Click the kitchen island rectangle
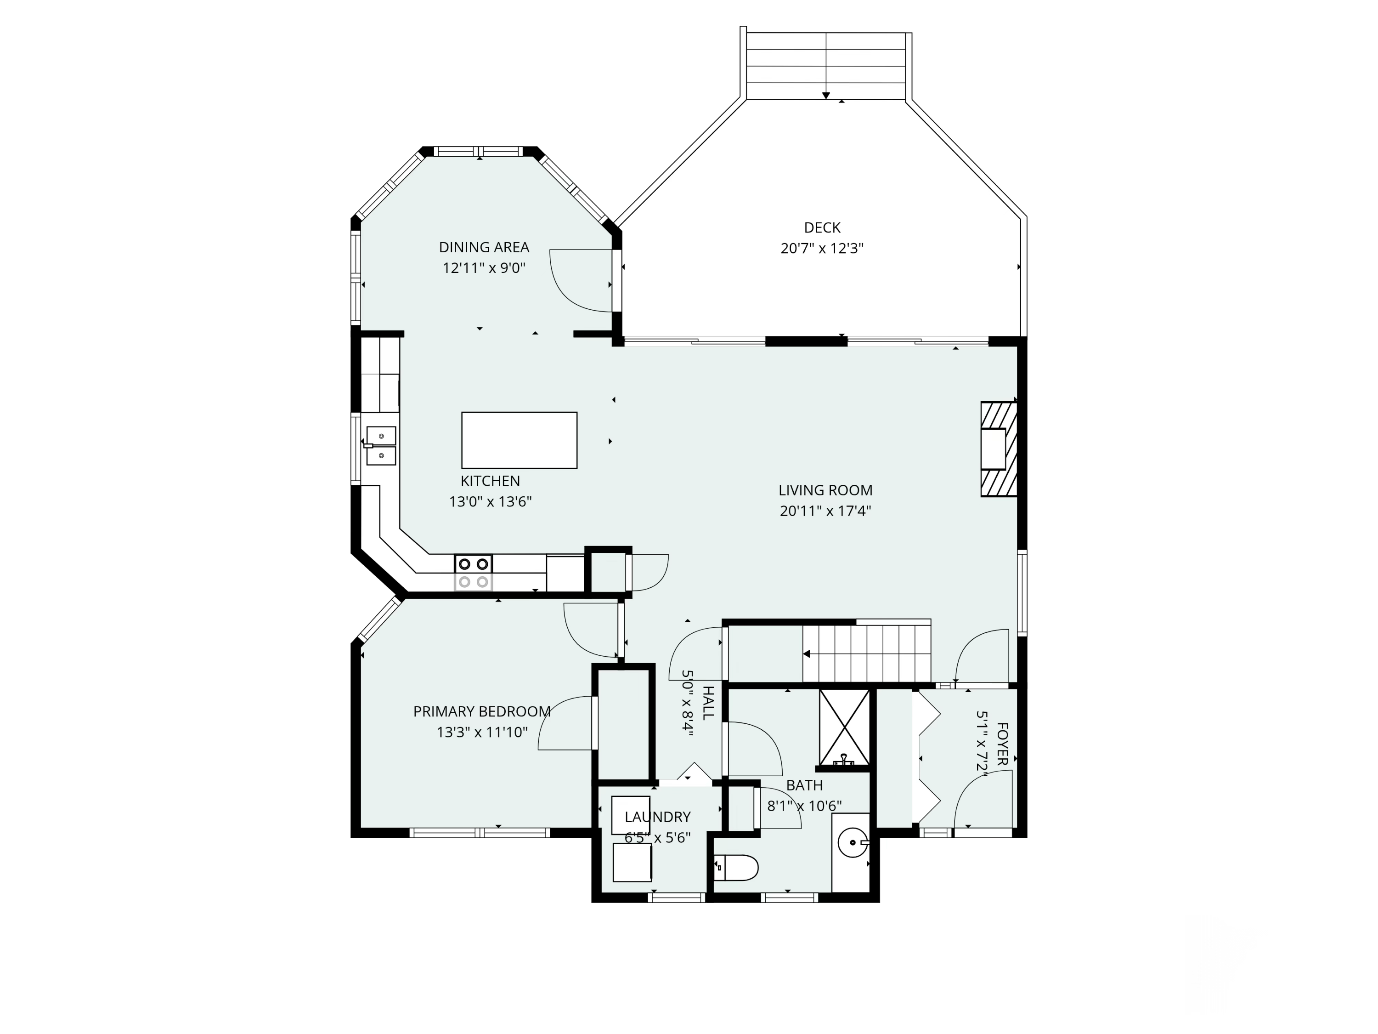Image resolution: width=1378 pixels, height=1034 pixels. tap(519, 440)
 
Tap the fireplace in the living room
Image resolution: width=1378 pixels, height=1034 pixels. tap(999, 449)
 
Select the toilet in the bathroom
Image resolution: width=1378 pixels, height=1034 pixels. tap(736, 867)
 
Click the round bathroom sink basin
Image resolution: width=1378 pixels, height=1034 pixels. tap(851, 843)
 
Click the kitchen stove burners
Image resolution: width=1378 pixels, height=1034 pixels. tap(474, 573)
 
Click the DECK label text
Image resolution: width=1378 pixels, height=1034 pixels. tap(822, 227)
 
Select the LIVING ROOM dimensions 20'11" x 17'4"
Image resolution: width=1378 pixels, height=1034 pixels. tap(825, 511)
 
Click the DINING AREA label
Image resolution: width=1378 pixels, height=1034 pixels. tap(484, 247)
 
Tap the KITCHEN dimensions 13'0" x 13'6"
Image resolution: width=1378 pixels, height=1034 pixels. tap(490, 502)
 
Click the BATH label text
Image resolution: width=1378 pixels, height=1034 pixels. tap(804, 785)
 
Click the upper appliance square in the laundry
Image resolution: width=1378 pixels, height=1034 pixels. tap(631, 811)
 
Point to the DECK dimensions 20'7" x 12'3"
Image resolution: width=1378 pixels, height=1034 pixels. tap(822, 249)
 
